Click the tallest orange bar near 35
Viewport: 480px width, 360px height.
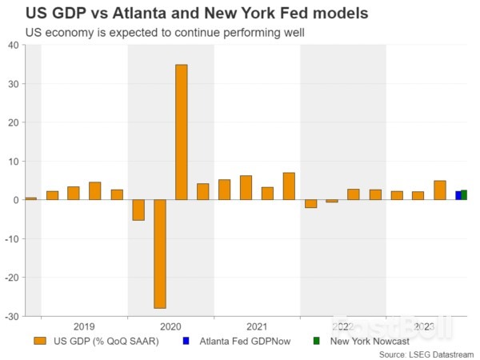(182, 132)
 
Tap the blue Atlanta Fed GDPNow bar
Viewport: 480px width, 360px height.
(458, 195)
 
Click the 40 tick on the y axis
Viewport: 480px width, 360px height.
(14, 45)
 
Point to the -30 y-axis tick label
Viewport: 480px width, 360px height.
(12, 316)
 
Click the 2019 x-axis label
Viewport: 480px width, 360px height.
(84, 326)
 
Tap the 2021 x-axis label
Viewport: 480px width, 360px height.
(257, 326)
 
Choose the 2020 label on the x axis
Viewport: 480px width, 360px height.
(170, 326)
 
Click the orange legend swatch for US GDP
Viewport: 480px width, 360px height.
(39, 342)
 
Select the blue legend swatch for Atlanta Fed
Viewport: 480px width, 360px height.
(185, 342)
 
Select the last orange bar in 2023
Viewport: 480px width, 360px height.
(440, 190)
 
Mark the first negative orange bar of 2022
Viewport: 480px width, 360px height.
(310, 203)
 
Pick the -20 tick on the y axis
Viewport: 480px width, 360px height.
(12, 278)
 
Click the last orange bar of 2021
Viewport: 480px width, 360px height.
(289, 186)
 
